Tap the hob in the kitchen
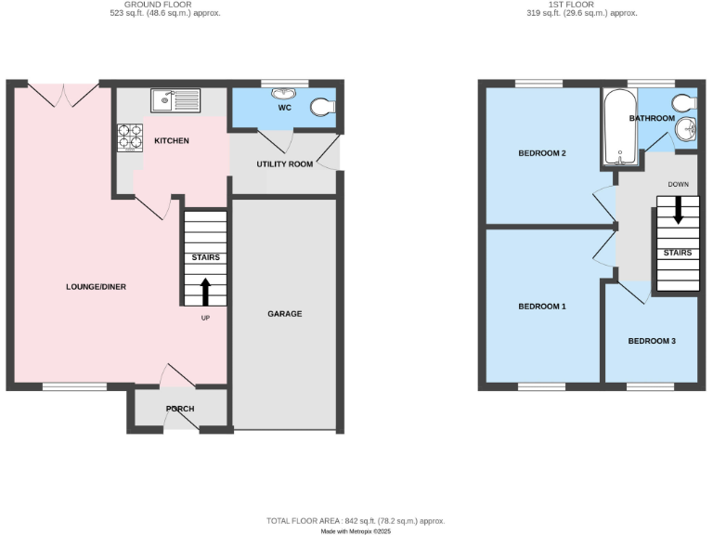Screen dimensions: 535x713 (x=127, y=137)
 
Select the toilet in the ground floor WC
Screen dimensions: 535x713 (x=322, y=108)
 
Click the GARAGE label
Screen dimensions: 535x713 (x=285, y=314)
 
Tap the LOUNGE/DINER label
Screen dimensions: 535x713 (x=96, y=287)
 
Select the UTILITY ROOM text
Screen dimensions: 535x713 (x=285, y=164)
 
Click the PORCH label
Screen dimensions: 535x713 (x=180, y=410)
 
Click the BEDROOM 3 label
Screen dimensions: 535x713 (x=652, y=341)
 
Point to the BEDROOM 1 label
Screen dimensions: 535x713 (x=540, y=307)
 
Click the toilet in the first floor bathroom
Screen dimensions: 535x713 (x=684, y=101)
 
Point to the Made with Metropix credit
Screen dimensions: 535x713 (x=356, y=531)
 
